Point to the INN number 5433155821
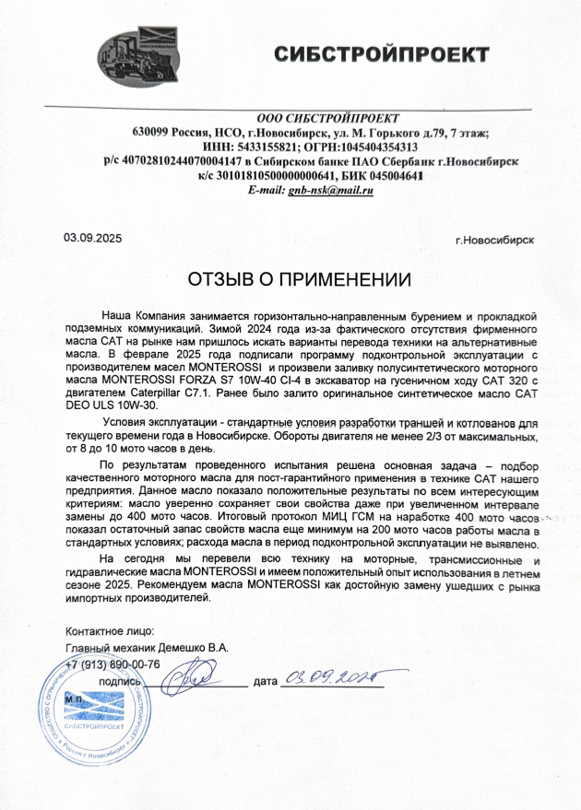pos(294,147)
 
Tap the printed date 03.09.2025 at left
pos(92,238)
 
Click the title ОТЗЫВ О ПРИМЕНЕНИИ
pos(298,279)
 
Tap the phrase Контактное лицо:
pos(105,631)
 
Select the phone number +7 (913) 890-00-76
pos(113,664)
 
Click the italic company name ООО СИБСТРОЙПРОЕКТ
pos(327,118)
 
